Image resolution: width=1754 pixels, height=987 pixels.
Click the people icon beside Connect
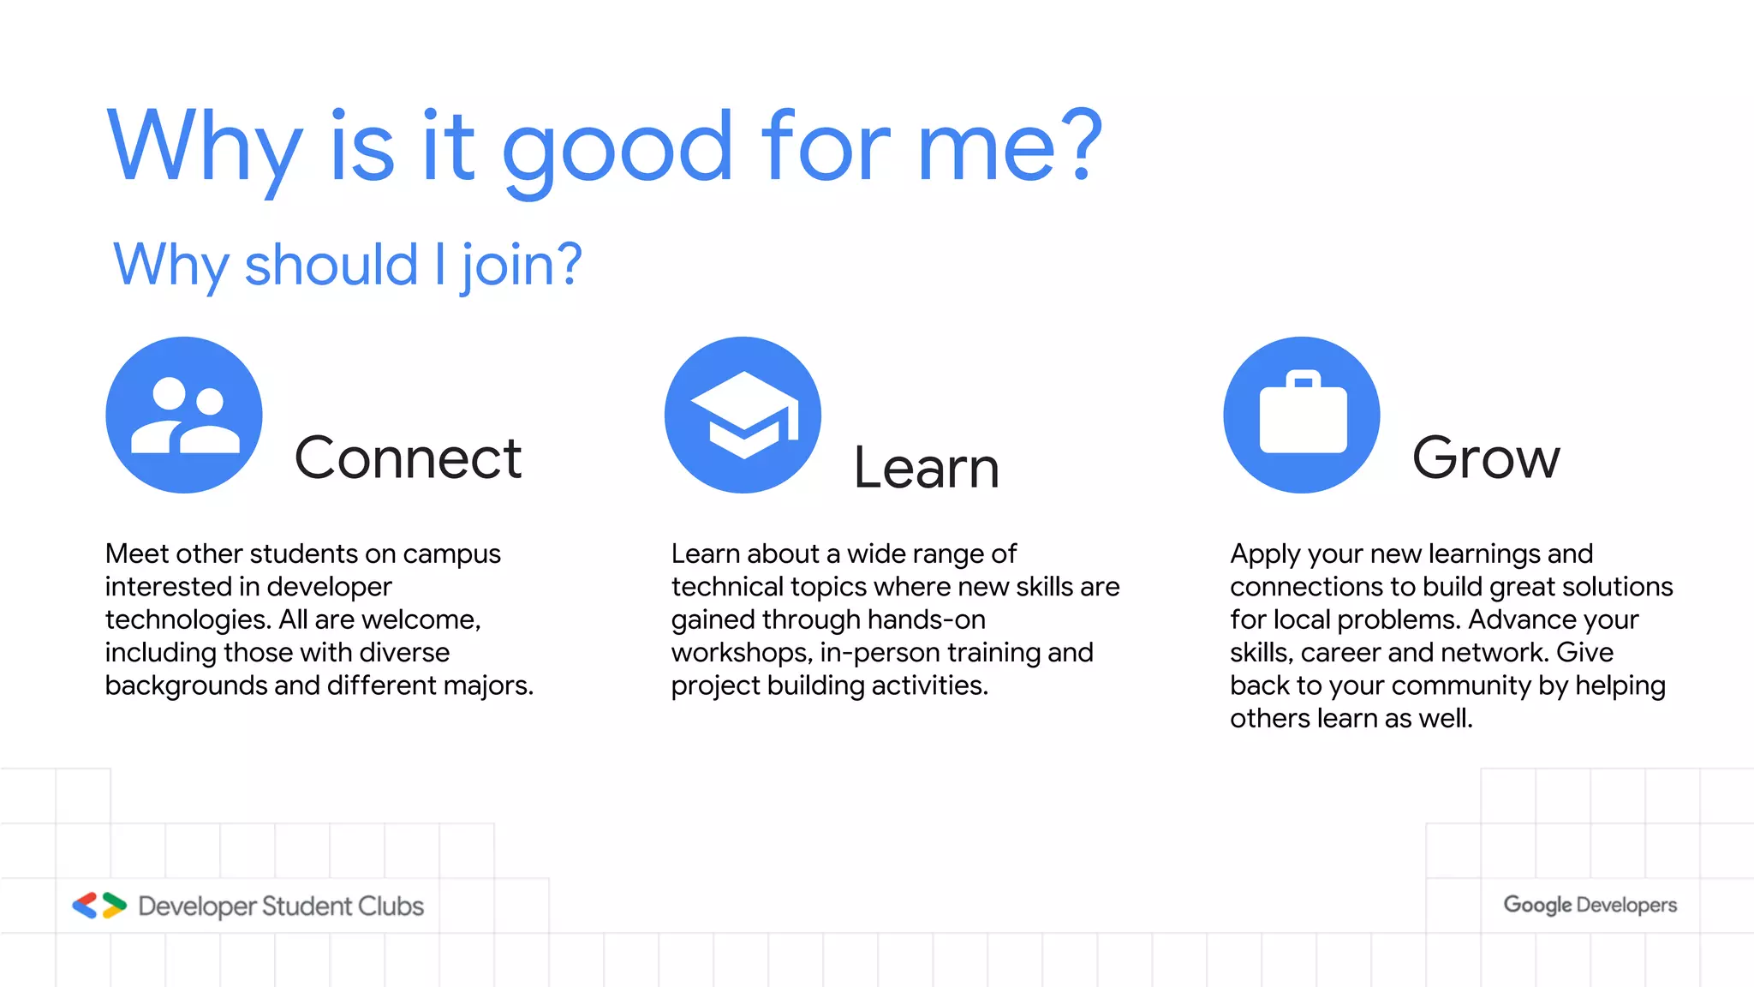point(184,415)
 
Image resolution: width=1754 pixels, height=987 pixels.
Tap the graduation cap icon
point(743,415)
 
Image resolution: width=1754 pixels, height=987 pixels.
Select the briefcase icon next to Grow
point(1302,415)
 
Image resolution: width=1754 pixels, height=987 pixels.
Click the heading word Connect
point(408,458)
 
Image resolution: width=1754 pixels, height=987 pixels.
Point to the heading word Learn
point(927,468)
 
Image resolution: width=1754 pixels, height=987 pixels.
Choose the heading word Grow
point(1486,458)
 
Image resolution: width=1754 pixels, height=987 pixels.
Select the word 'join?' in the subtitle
point(522,265)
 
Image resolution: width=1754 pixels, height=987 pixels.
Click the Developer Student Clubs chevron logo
point(99,906)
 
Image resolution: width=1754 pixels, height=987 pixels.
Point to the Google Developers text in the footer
point(1590,905)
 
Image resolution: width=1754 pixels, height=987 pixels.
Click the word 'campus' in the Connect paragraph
point(451,554)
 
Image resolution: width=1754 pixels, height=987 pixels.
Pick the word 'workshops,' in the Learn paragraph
point(742,653)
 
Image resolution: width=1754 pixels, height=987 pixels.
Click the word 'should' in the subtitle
point(331,265)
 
